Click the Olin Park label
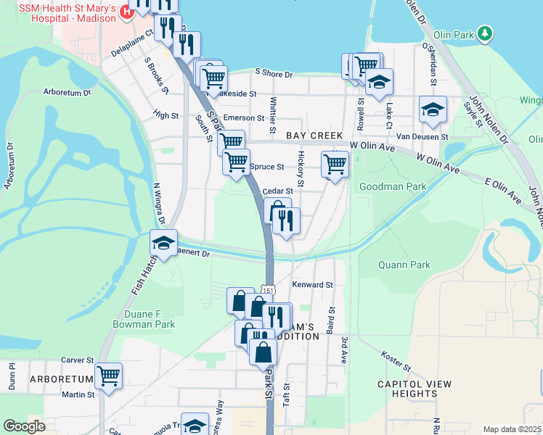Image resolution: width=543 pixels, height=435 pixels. (x=453, y=34)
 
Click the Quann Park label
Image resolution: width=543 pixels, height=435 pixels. (x=404, y=265)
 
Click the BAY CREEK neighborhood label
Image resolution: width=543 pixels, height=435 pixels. (x=314, y=136)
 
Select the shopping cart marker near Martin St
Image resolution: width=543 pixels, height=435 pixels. (x=108, y=376)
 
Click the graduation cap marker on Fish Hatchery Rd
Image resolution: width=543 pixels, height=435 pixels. (x=164, y=243)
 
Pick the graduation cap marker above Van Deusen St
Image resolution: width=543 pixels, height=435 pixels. (x=433, y=109)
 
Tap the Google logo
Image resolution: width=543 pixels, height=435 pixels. (x=24, y=426)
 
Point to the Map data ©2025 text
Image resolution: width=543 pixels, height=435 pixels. (x=511, y=429)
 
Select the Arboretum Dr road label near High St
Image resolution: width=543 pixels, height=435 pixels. (x=67, y=93)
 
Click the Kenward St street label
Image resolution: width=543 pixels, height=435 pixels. (x=312, y=285)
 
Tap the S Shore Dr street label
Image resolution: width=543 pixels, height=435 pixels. (x=273, y=74)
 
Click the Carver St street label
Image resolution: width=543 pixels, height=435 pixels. (x=78, y=360)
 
